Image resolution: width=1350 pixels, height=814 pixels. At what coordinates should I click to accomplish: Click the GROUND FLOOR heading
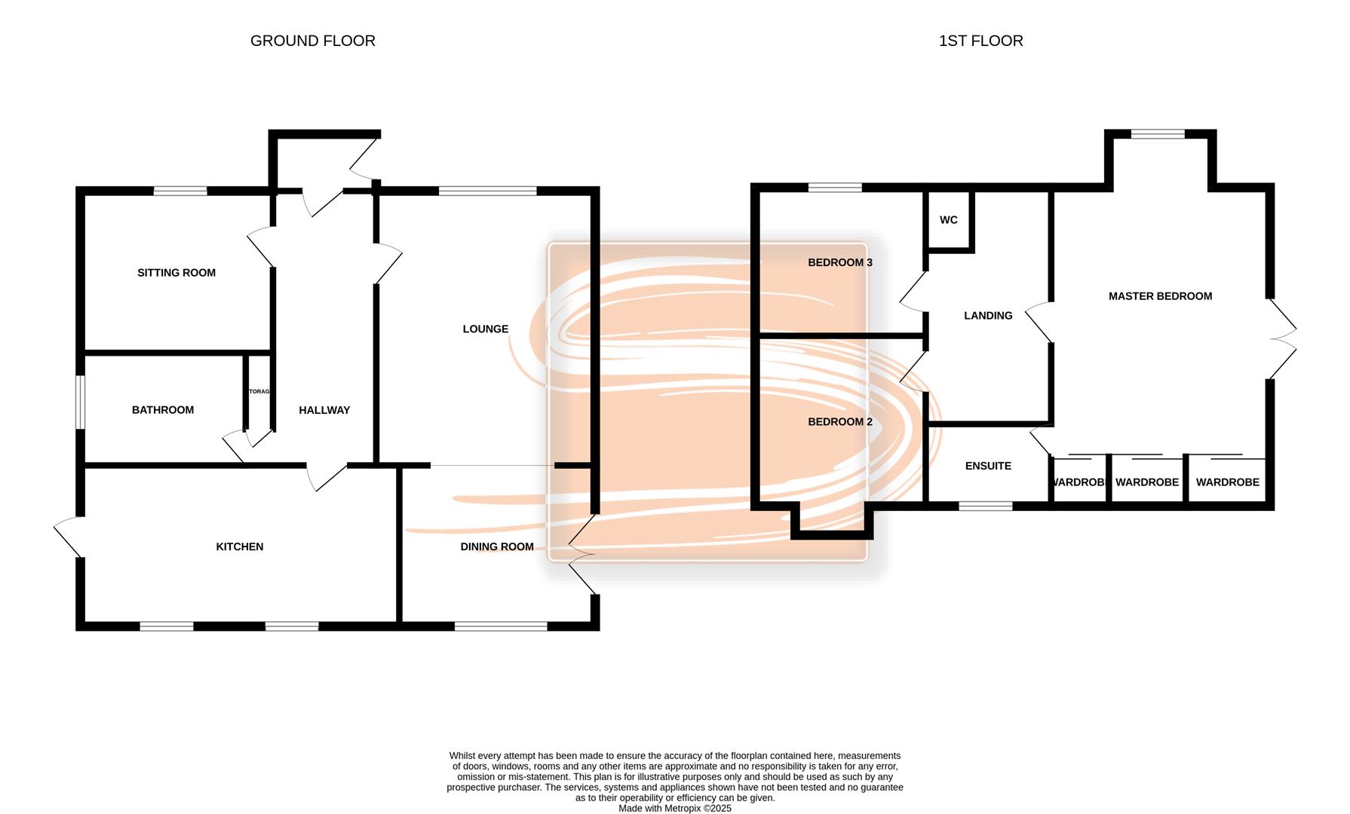coord(312,41)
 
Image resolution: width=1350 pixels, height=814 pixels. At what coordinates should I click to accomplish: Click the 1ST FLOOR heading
coord(980,41)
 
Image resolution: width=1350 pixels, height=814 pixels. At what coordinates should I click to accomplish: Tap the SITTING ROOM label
coord(176,273)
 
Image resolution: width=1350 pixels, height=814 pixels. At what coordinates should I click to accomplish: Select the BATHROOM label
coord(163,410)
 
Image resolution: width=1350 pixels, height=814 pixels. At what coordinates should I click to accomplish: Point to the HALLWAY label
coord(324,410)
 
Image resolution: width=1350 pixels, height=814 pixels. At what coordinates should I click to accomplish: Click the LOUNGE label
coord(486,329)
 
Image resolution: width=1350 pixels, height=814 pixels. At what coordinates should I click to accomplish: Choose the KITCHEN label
coord(240,546)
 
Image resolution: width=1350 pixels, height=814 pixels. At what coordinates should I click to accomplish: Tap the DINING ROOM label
coord(497,546)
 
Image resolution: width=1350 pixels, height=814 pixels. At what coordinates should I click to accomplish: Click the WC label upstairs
coord(949,220)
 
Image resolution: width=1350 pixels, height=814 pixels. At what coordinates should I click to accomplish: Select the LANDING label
coord(988,316)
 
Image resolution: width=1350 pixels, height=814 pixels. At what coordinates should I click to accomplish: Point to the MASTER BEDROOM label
coord(1160,296)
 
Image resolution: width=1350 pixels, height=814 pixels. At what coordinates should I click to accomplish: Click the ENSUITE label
coord(988,466)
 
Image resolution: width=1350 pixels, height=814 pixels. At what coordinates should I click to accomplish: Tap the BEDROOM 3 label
coord(840,262)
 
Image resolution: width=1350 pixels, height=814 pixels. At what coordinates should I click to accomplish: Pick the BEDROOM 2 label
coord(840,421)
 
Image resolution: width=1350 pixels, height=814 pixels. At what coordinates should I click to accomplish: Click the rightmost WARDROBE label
coord(1227,482)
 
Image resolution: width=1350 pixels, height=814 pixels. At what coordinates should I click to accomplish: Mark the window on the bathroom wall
coord(80,402)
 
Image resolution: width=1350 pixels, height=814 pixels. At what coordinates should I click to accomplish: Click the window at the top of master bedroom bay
coord(1158,134)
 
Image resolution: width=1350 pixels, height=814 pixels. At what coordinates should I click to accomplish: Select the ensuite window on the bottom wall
coord(985,506)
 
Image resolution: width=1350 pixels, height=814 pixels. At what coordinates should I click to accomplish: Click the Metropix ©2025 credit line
coord(675,808)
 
